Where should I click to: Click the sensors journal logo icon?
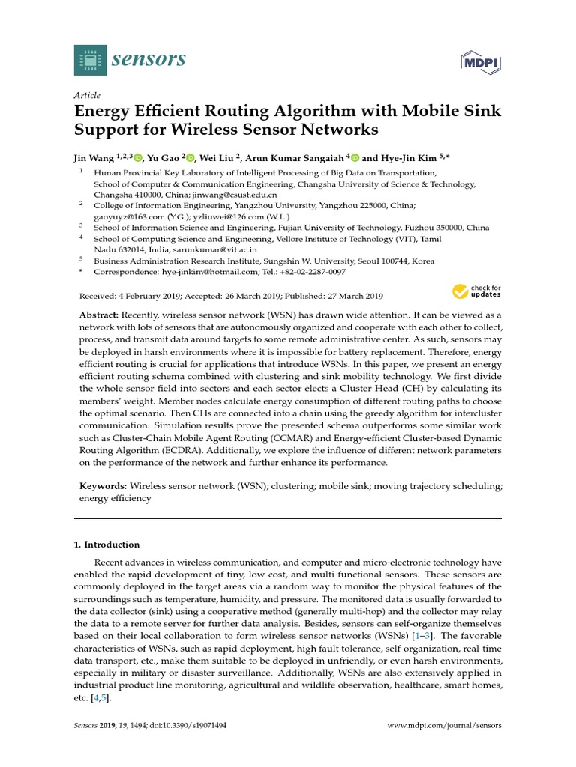[x=91, y=60]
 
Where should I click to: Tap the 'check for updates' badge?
[x=476, y=291]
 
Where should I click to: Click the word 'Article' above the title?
[x=87, y=95]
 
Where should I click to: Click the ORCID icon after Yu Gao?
[x=190, y=158]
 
